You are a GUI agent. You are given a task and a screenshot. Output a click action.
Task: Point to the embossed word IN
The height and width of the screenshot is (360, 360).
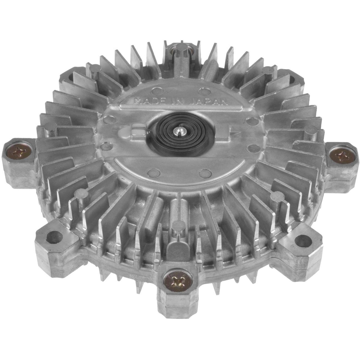click(x=179, y=101)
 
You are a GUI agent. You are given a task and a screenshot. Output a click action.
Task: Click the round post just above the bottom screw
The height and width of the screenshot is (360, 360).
click(x=177, y=224)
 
